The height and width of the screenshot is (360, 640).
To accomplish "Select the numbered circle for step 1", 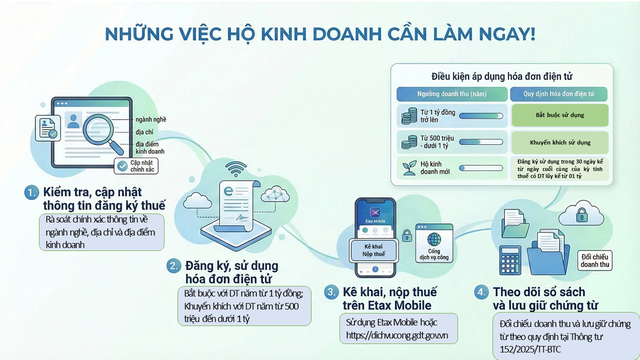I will click(33, 191).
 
